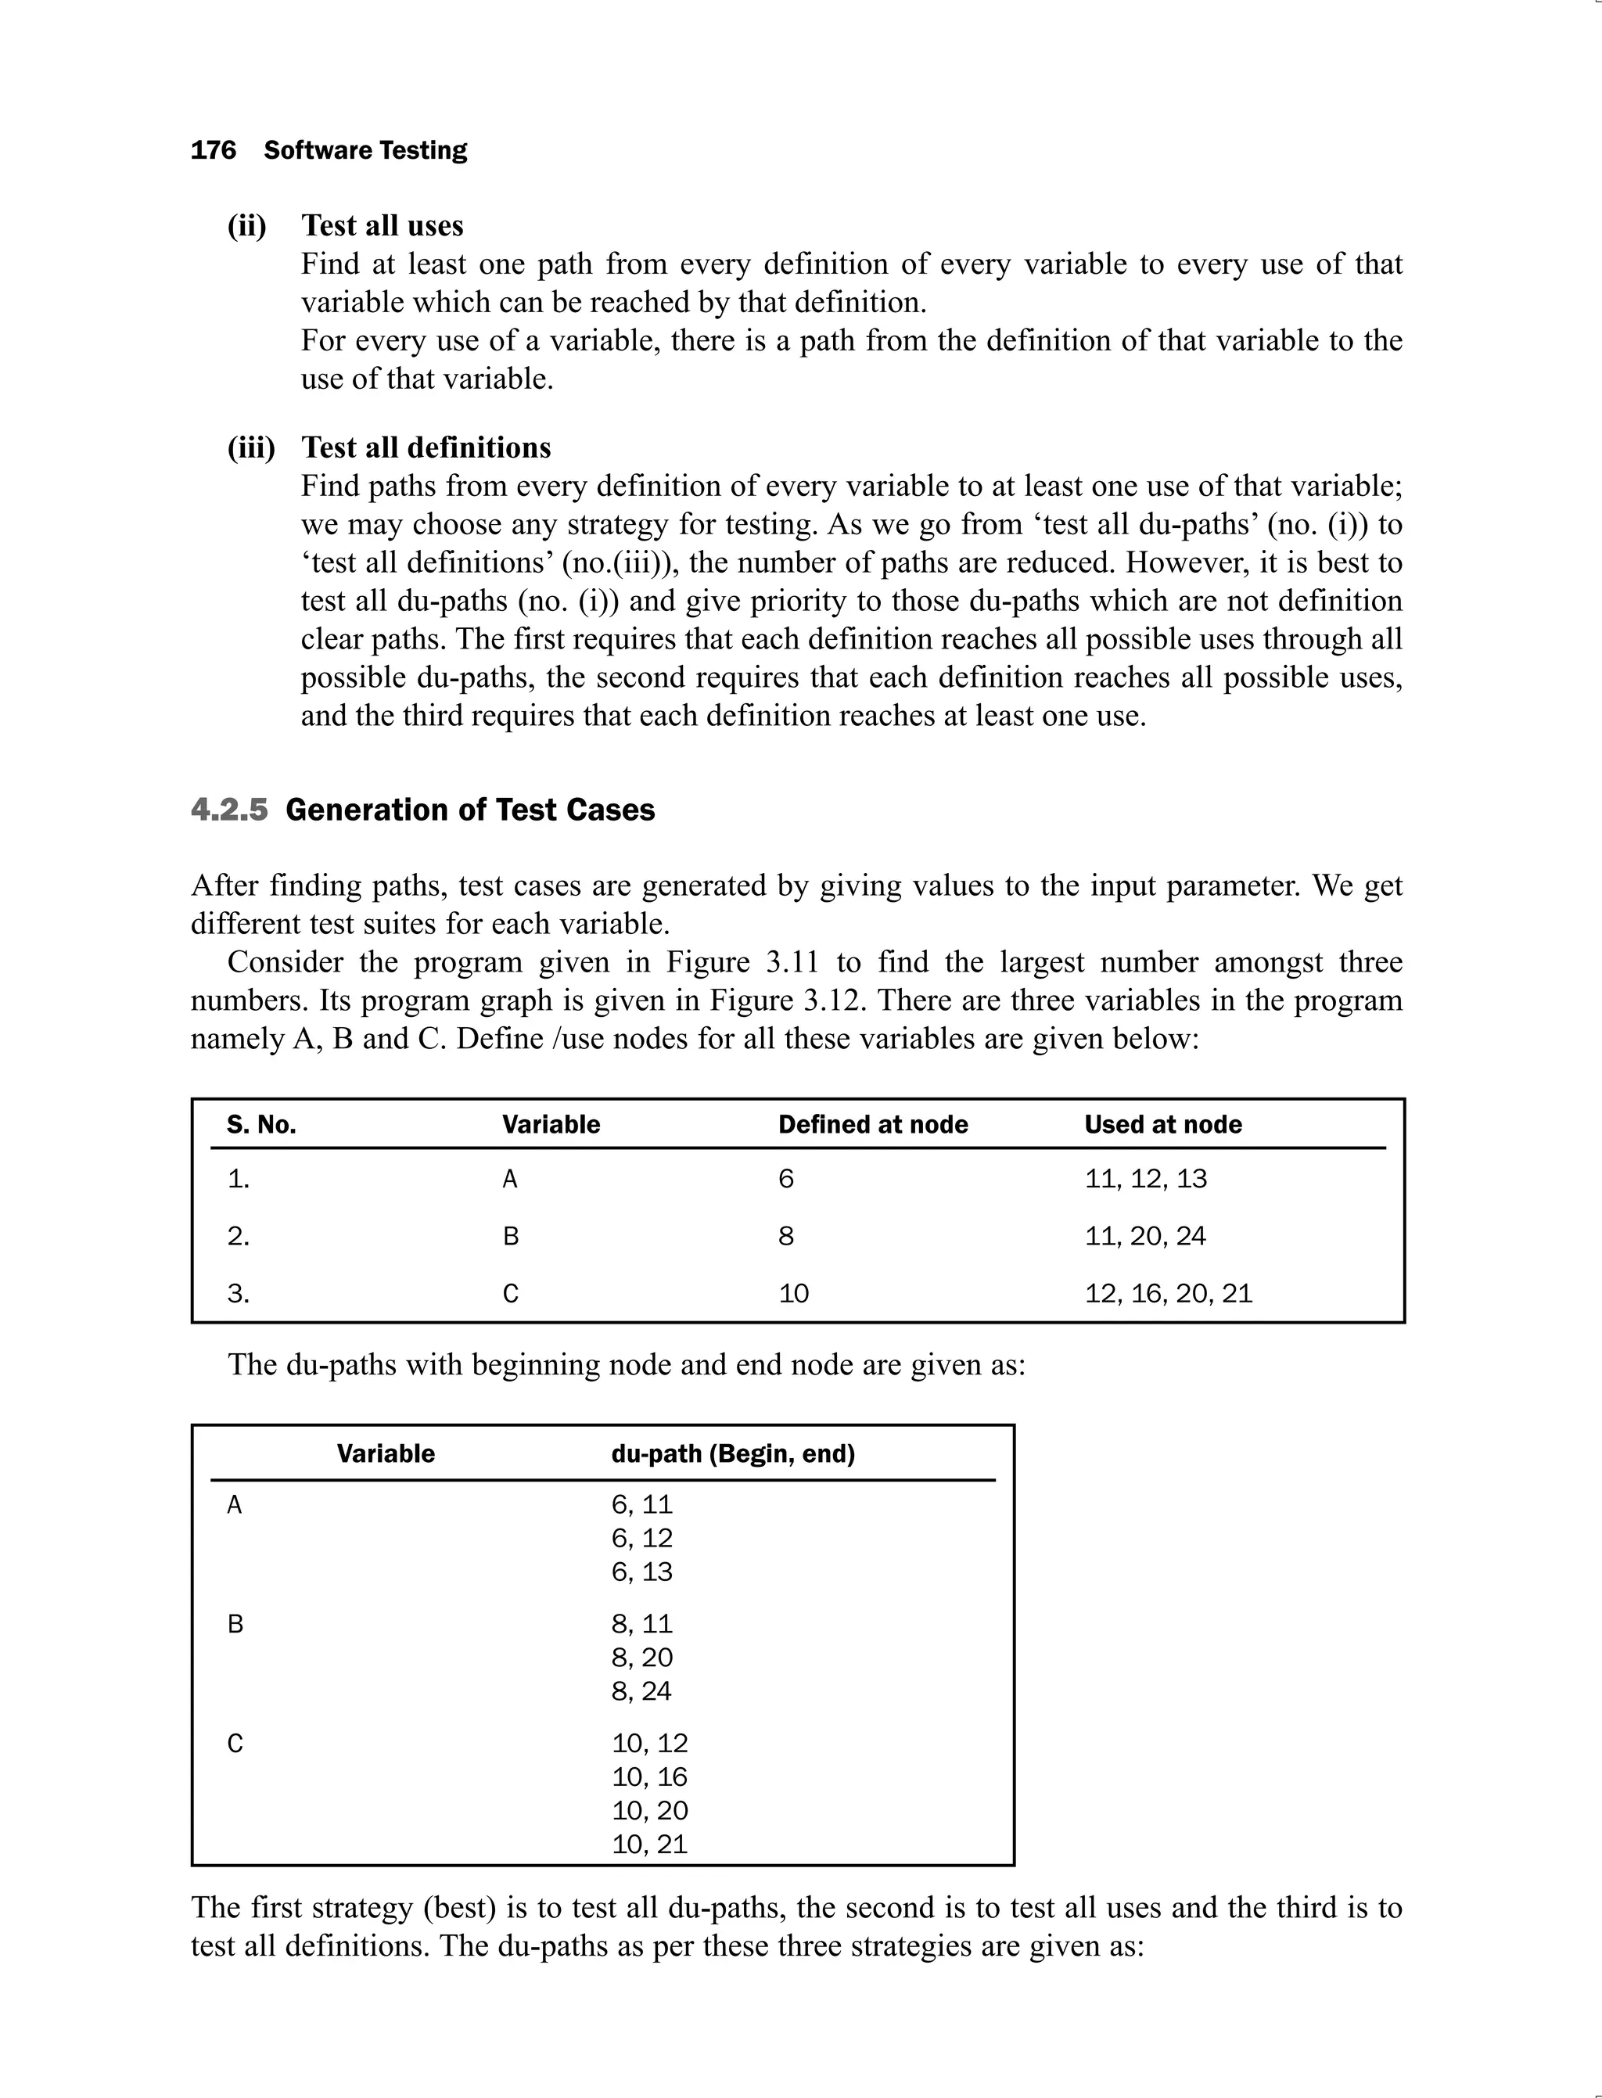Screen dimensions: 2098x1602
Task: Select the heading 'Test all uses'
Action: (383, 225)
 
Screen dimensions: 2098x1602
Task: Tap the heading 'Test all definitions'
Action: (426, 447)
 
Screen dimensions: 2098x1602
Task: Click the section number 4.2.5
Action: (229, 810)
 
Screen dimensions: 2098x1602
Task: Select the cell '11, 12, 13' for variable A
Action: (1145, 1179)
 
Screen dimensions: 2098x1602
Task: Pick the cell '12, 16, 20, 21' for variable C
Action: (1168, 1293)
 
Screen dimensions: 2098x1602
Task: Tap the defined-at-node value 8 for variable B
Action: (785, 1236)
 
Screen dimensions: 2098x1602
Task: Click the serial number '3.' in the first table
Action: (239, 1293)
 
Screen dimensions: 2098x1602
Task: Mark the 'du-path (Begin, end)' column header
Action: (732, 1453)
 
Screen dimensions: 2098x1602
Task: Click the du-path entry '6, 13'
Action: (641, 1572)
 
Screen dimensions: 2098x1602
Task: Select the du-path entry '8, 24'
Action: (641, 1690)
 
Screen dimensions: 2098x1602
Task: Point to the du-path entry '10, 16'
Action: (649, 1776)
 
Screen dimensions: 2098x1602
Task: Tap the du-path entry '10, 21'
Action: (649, 1844)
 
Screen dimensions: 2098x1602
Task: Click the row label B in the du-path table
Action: (235, 1624)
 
